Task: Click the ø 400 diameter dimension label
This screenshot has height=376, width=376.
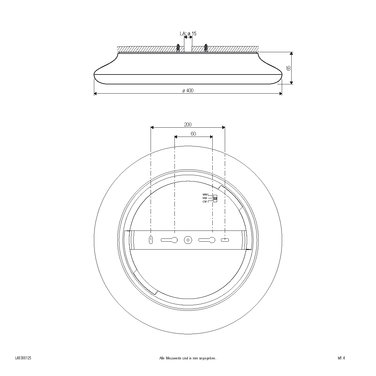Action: coord(188,91)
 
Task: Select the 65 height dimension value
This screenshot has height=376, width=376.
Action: coord(289,68)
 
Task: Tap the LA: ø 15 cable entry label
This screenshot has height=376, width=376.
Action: coord(188,33)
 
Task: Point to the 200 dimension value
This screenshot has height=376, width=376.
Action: coord(188,124)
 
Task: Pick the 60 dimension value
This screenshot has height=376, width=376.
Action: coord(193,134)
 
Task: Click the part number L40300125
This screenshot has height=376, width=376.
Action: coord(23,358)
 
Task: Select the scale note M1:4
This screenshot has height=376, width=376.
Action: coord(341,358)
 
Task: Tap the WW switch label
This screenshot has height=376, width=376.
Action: coord(205,195)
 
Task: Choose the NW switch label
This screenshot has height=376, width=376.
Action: coord(205,198)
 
